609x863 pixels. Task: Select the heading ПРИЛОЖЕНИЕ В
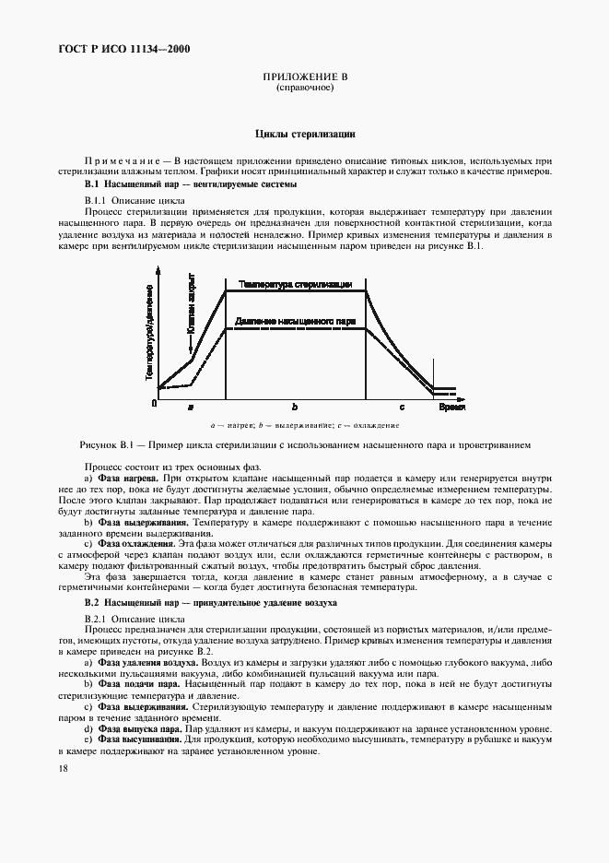click(x=304, y=78)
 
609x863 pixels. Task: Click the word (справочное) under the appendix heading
click(x=304, y=89)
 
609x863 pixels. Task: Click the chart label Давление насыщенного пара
click(x=295, y=322)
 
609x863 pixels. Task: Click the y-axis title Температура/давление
click(x=148, y=332)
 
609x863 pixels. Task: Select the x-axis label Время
click(x=451, y=406)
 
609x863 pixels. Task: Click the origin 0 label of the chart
click(x=155, y=404)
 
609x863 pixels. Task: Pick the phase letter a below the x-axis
click(x=191, y=407)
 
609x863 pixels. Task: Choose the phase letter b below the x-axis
click(x=295, y=407)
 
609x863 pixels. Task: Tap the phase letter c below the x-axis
click(x=401, y=407)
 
